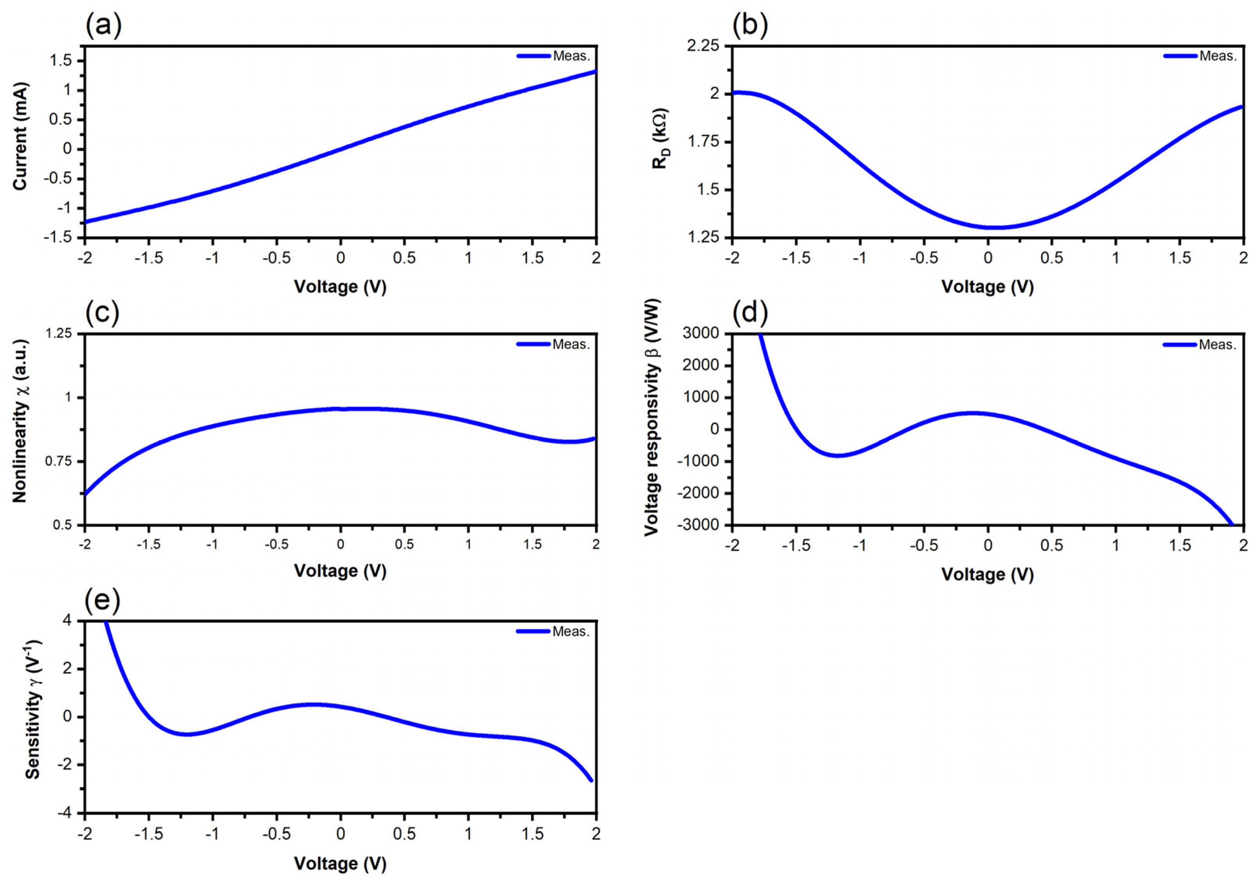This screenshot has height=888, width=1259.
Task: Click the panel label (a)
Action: [103, 25]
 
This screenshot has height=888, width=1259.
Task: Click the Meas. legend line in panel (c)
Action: [533, 344]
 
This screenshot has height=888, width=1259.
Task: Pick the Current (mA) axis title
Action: [20, 136]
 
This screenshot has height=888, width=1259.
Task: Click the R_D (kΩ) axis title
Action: [660, 138]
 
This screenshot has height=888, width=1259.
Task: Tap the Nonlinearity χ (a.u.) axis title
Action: [20, 421]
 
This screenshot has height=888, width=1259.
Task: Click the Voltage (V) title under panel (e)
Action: [340, 863]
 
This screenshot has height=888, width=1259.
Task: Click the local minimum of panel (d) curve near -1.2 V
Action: [838, 455]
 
